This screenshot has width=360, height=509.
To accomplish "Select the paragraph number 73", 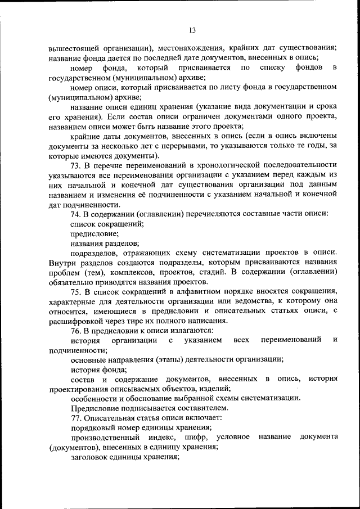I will click(76, 165).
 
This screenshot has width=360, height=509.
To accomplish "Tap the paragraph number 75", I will click(76, 291).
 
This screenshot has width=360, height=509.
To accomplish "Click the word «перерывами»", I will click(184, 146).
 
